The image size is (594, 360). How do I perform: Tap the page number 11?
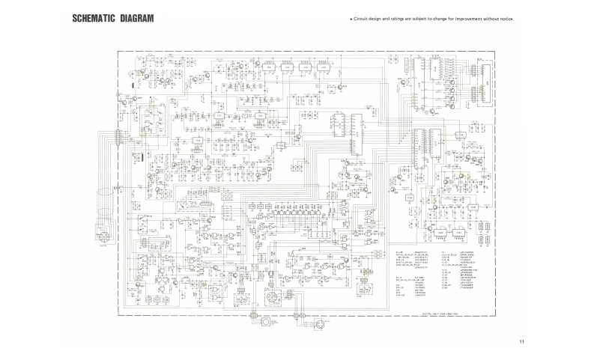tap(521, 342)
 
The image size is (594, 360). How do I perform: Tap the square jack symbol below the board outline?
tap(266, 324)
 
